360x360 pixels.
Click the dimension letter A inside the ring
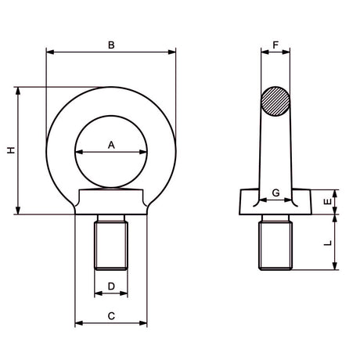click(x=111, y=144)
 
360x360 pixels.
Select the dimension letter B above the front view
click(x=111, y=45)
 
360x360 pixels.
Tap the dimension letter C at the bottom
click(x=111, y=315)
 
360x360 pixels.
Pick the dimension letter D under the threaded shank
click(x=111, y=286)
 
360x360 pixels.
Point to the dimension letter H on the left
click(x=10, y=150)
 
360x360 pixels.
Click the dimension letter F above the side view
click(x=275, y=45)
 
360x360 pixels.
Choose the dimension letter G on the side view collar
click(x=275, y=193)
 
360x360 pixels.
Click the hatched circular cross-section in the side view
click(x=275, y=101)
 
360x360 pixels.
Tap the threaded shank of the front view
click(x=110, y=244)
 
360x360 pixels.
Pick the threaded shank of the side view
click(x=275, y=244)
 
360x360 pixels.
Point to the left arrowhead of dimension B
click(x=49, y=52)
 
